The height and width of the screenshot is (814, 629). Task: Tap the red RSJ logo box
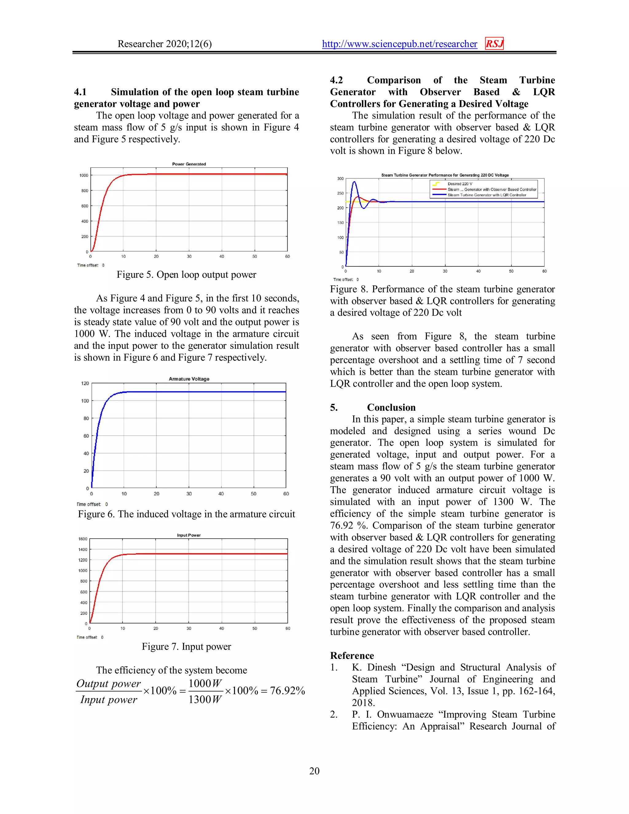click(x=494, y=44)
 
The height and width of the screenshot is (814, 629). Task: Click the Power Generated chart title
click(x=189, y=164)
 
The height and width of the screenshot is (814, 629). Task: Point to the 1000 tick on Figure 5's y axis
click(x=84, y=175)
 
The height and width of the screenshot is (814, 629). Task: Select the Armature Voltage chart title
click(x=189, y=379)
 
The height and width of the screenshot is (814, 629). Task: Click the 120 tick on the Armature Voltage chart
click(x=85, y=383)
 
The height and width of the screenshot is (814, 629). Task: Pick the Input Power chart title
click(x=189, y=535)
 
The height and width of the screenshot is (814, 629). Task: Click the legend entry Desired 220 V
click(x=459, y=184)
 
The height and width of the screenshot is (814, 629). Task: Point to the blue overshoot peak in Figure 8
click(x=354, y=182)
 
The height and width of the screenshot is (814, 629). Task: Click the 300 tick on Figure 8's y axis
click(x=340, y=178)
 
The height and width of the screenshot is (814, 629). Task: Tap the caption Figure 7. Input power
click(x=186, y=646)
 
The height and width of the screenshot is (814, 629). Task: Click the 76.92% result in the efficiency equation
click(x=287, y=691)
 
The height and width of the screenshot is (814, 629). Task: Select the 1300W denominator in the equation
click(x=205, y=699)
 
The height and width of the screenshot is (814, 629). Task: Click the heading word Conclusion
click(x=391, y=407)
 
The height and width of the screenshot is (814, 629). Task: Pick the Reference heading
click(x=352, y=656)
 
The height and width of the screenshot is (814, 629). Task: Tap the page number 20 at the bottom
click(x=314, y=771)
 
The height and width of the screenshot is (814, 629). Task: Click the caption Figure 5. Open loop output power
click(x=186, y=275)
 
